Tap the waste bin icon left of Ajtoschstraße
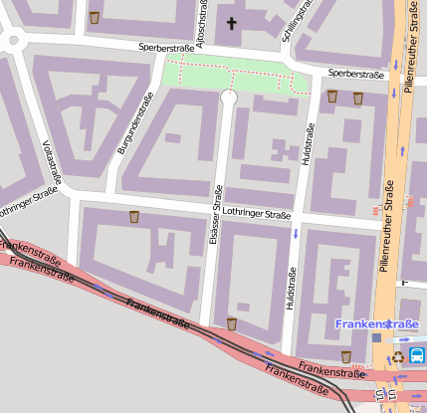click(x=95, y=17)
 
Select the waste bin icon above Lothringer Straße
click(x=134, y=216)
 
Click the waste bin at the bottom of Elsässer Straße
click(x=232, y=322)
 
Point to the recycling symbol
click(x=398, y=356)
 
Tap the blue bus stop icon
click(x=416, y=355)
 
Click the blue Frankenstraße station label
click(x=376, y=324)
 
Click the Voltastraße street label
click(x=51, y=164)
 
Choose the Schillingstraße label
click(x=295, y=21)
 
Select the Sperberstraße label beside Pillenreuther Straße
click(x=355, y=74)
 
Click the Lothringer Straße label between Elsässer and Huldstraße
click(x=257, y=213)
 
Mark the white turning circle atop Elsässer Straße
click(x=228, y=98)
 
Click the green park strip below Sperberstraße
click(x=229, y=76)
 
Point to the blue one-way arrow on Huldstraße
click(x=296, y=235)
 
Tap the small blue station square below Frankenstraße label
click(x=376, y=338)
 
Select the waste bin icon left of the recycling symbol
click(x=346, y=355)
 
